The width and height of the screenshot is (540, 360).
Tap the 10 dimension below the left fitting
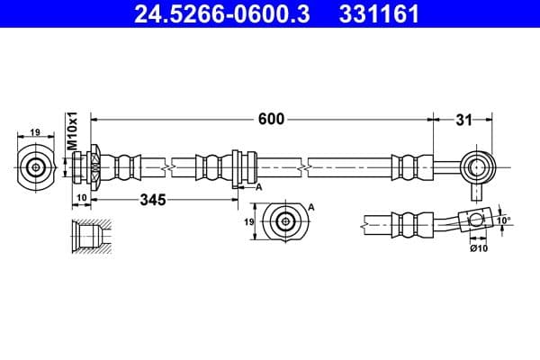pos(80,198)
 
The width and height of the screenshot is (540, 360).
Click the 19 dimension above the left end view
pos(35,132)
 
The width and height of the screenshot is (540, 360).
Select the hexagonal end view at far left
pos(36,166)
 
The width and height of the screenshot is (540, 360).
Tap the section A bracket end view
pos(285,221)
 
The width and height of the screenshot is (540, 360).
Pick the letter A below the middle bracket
pos(258,187)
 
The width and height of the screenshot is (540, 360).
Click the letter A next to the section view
pos(311,207)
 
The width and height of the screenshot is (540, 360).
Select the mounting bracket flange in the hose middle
pos(237,167)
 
